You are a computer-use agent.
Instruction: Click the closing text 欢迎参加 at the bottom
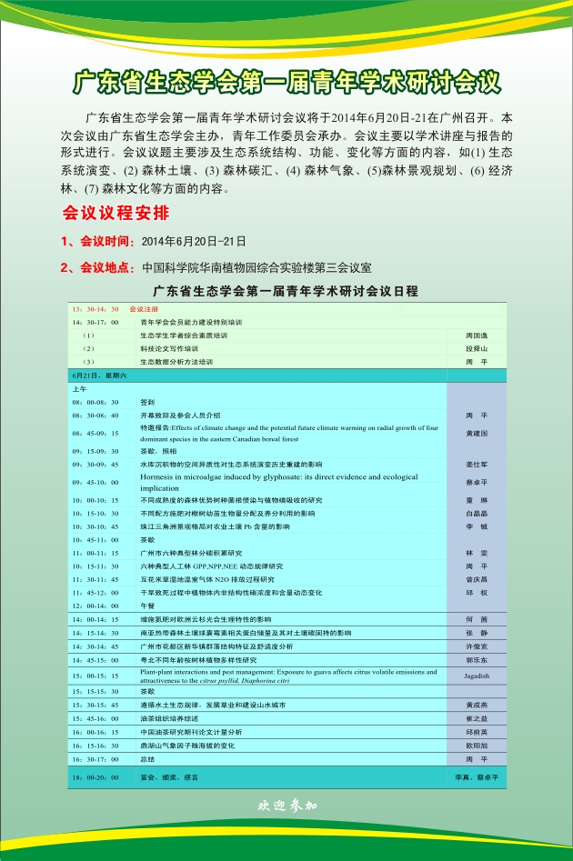286,805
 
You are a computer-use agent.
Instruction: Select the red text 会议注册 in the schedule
144,309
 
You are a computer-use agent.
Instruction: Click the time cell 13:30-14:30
95,309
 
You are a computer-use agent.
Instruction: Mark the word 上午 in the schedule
80,388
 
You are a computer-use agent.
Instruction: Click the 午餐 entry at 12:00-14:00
147,605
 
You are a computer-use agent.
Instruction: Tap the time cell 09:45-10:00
95,482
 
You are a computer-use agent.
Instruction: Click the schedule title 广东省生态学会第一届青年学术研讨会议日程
286,291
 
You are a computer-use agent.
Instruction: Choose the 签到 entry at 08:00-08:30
147,401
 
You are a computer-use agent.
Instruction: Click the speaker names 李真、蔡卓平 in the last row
476,778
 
